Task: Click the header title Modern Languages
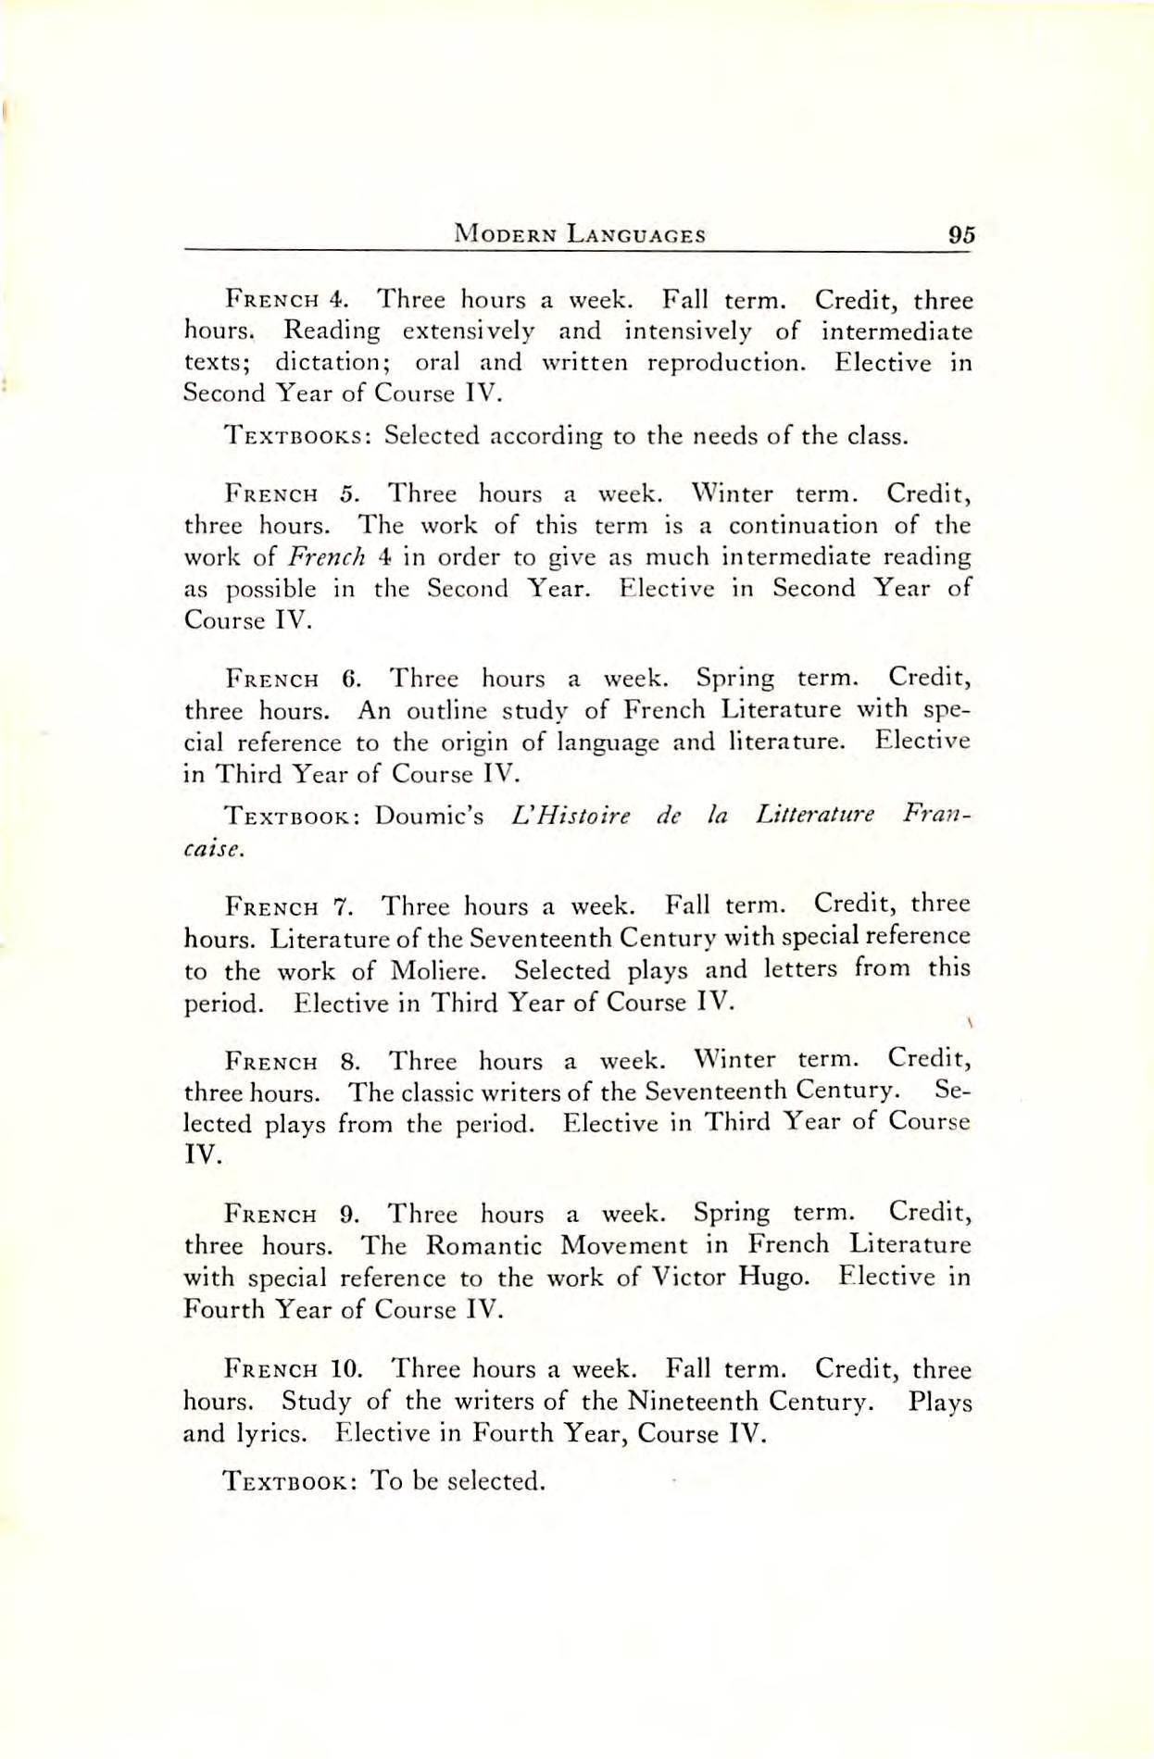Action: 580,235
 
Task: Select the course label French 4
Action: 287,301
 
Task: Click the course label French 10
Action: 294,1369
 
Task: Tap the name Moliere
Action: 434,971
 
